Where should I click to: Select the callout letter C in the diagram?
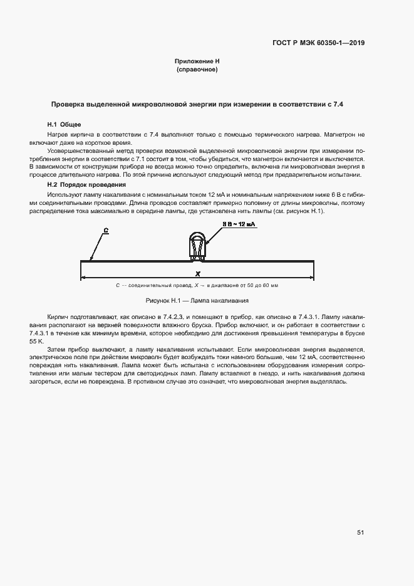106,231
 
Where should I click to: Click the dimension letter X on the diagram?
197,274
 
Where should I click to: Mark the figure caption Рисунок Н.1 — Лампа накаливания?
197,301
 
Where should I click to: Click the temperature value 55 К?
38,342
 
